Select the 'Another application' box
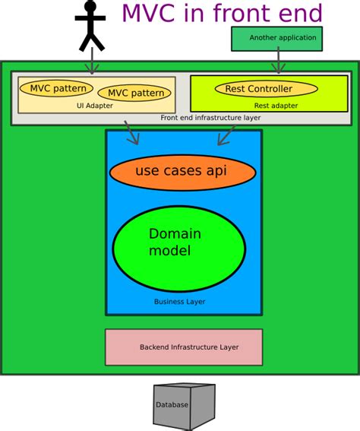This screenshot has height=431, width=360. (x=276, y=38)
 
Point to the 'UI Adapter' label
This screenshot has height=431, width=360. (x=95, y=106)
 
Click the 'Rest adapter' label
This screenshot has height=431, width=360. (x=276, y=106)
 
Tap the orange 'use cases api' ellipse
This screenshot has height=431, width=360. (x=180, y=171)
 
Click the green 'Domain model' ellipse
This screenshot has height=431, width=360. (x=178, y=242)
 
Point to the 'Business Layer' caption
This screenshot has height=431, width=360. (x=179, y=302)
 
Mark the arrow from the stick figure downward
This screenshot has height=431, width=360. (x=91, y=61)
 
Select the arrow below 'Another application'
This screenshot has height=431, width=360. (x=278, y=61)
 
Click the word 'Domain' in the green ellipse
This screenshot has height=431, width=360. (x=175, y=234)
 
